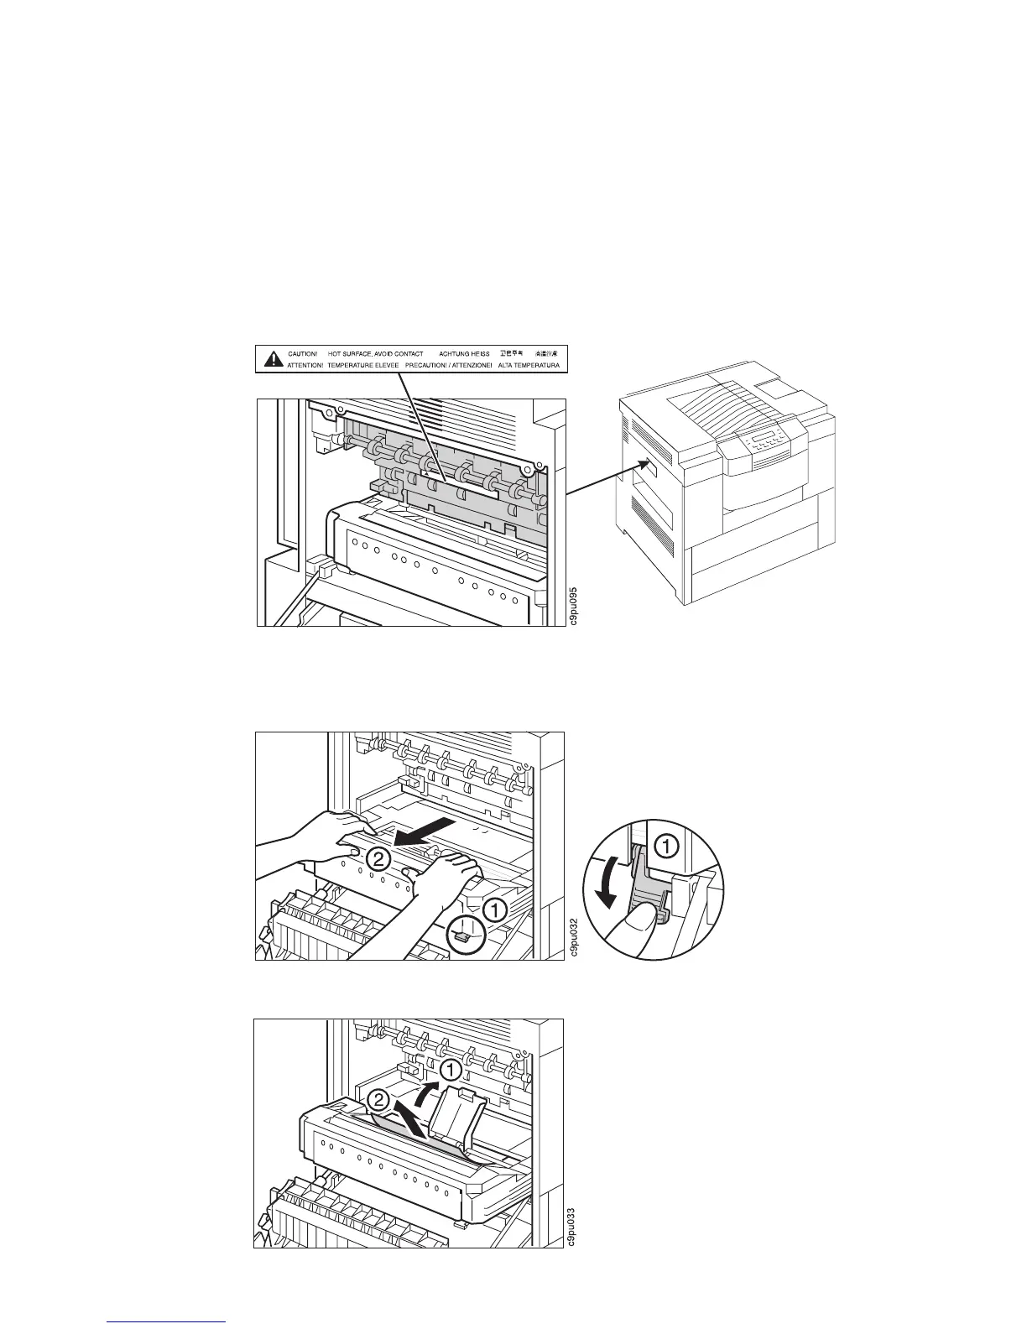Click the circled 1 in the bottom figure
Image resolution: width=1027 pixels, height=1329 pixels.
point(451,1069)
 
